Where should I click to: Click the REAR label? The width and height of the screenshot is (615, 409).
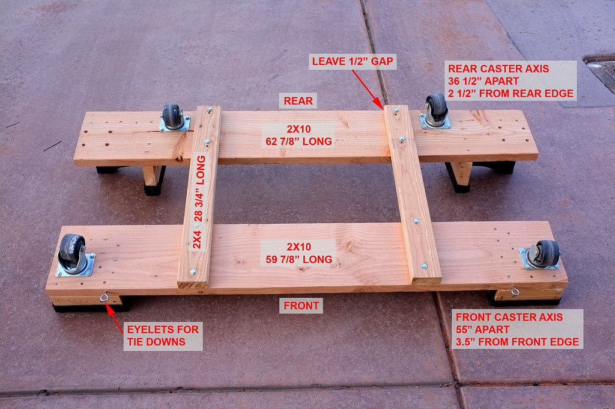pyautogui.click(x=298, y=101)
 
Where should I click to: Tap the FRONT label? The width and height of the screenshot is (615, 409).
pyautogui.click(x=301, y=306)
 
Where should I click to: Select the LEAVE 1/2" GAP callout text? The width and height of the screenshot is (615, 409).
pyautogui.click(x=353, y=61)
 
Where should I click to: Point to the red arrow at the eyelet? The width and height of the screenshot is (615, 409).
pyautogui.click(x=115, y=318)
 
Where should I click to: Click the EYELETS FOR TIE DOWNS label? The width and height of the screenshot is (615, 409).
pyautogui.click(x=163, y=336)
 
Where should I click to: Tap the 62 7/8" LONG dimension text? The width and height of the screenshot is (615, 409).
pyautogui.click(x=299, y=141)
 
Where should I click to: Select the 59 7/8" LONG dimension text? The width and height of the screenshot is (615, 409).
pyautogui.click(x=299, y=259)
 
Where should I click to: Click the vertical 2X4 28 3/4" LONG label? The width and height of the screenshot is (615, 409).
pyautogui.click(x=199, y=202)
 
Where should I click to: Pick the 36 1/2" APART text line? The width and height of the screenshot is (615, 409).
pyautogui.click(x=483, y=81)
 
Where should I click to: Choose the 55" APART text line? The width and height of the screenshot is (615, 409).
pyautogui.click(x=482, y=330)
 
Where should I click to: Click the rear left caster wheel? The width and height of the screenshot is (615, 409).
pyautogui.click(x=171, y=116)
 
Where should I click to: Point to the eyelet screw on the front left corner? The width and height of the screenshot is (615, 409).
pyautogui.click(x=105, y=297)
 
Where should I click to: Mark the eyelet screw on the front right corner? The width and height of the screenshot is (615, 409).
pyautogui.click(x=515, y=291)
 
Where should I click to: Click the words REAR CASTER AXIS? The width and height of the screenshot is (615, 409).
pyautogui.click(x=498, y=69)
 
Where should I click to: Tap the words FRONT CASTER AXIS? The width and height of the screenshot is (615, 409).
pyautogui.click(x=509, y=317)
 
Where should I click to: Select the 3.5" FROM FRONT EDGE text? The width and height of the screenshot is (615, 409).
pyautogui.click(x=517, y=342)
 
